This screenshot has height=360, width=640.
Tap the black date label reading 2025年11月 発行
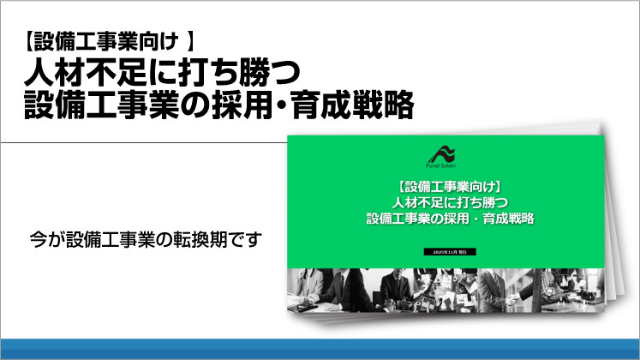point(449,252)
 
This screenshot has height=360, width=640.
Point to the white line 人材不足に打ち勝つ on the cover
point(449,202)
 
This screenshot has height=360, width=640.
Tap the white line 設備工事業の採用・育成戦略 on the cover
point(449,219)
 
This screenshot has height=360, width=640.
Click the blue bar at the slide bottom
point(320,349)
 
